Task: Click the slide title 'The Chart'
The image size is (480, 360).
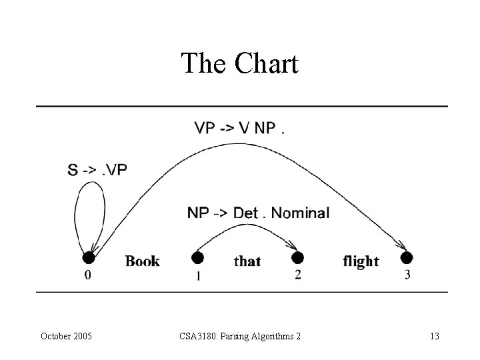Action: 239,64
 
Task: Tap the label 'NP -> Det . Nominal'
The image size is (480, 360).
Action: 258,213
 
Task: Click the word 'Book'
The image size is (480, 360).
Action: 143,261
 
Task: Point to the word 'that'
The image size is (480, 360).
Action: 247,261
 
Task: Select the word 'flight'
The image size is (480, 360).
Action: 361,261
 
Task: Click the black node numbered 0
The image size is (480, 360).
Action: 88,257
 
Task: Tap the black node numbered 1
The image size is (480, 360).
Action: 197,257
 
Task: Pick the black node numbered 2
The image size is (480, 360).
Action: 298,257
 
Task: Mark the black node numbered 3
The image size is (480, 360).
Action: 407,257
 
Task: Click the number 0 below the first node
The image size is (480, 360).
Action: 88,275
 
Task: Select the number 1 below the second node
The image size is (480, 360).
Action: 198,276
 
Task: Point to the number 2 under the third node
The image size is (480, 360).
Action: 298,275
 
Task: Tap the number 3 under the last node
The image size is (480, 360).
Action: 407,275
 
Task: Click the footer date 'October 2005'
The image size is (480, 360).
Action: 67,336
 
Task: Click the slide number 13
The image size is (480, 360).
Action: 435,336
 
